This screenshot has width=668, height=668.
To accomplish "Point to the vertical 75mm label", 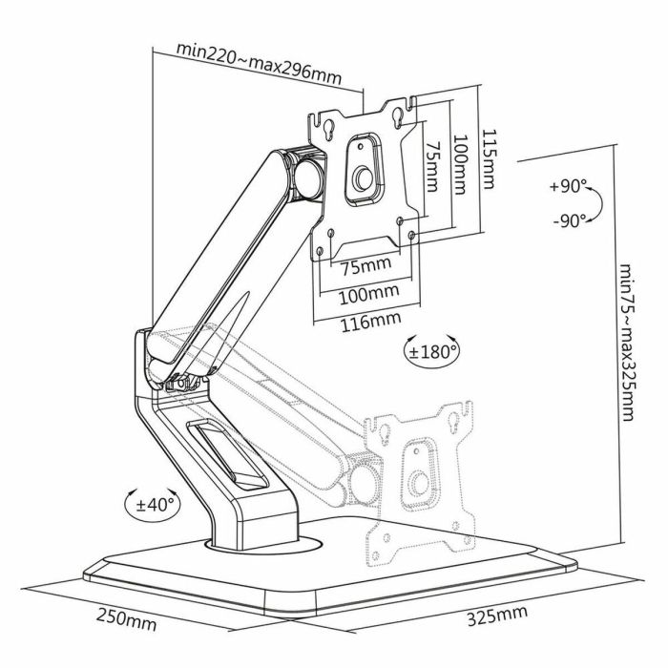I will tap(431, 167).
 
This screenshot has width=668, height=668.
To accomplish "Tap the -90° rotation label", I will tap(570, 220).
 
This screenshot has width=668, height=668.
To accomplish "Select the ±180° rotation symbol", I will tap(431, 350).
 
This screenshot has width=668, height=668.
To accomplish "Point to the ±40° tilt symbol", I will tap(152, 501).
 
